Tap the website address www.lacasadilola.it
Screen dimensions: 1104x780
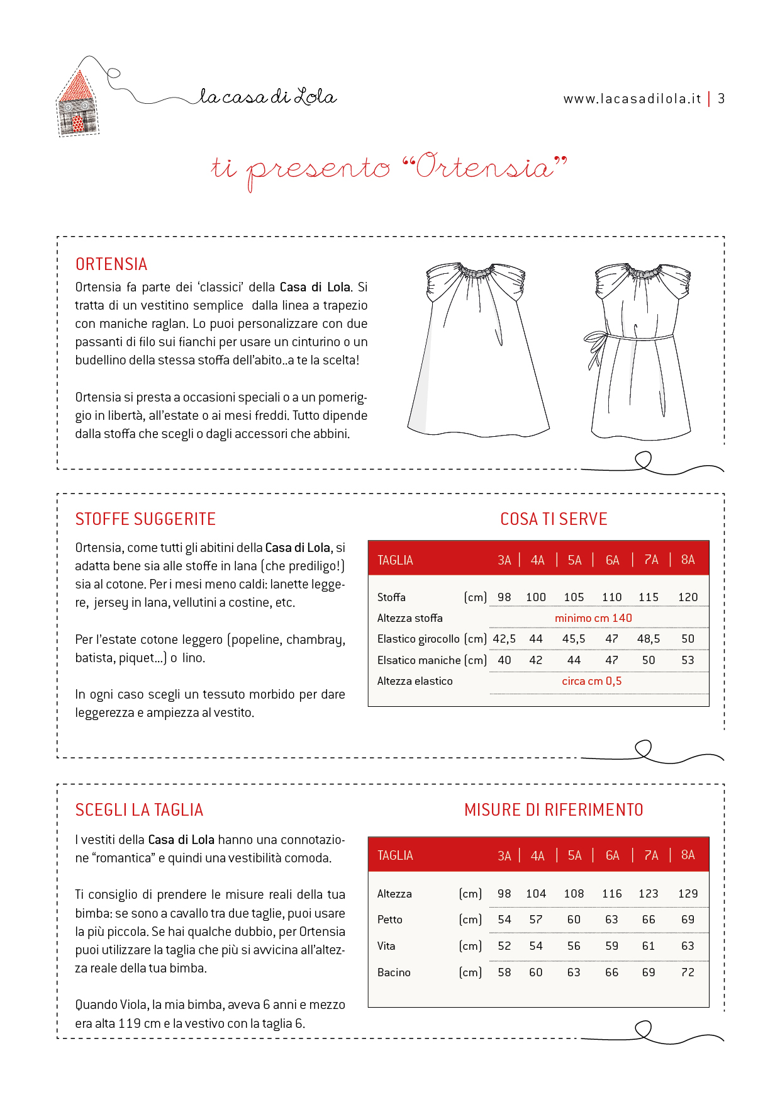coord(632,99)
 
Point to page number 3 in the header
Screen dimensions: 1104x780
coord(721,99)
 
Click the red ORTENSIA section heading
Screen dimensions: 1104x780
coord(111,264)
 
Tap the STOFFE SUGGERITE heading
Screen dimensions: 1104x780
coord(145,519)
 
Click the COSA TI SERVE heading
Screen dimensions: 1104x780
coord(554,519)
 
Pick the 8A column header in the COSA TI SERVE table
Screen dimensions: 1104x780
coord(688,560)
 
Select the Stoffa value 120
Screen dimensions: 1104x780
coord(688,597)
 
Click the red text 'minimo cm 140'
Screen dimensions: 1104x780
coord(593,618)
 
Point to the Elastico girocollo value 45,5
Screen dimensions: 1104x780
coord(574,639)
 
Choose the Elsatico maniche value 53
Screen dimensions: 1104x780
coord(688,660)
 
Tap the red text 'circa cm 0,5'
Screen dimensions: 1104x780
coord(591,681)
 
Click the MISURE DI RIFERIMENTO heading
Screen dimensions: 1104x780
coord(554,810)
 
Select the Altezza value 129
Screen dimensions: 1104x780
coord(688,894)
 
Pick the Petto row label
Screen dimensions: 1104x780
coord(390,920)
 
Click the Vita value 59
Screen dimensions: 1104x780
coord(611,946)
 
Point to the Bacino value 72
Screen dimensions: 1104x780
coord(688,972)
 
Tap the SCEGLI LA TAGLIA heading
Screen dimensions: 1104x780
coord(139,810)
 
